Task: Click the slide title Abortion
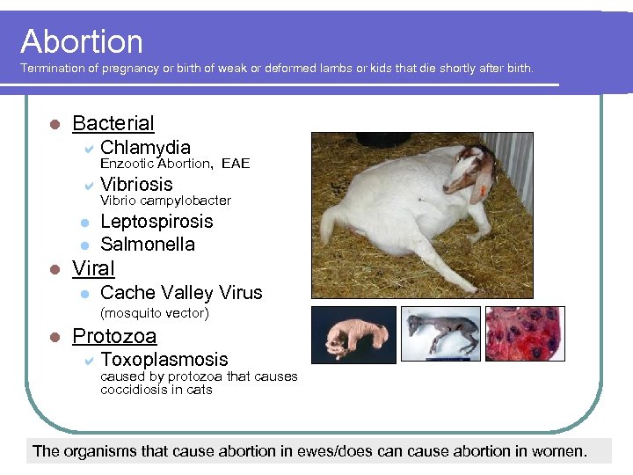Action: click(x=82, y=41)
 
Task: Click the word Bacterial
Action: click(x=113, y=123)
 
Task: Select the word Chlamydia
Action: click(x=145, y=147)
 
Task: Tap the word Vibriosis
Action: click(x=136, y=184)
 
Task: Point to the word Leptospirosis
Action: click(x=156, y=222)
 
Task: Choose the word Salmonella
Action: click(x=148, y=245)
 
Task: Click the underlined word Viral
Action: click(x=93, y=268)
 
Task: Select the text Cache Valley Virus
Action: click(x=181, y=293)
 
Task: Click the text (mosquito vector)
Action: click(x=154, y=313)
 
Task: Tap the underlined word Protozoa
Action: click(x=114, y=336)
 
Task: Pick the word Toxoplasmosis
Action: click(x=164, y=360)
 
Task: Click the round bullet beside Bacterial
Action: click(x=54, y=124)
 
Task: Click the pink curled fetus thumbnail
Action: click(x=353, y=334)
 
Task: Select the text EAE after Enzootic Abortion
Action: click(x=236, y=164)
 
